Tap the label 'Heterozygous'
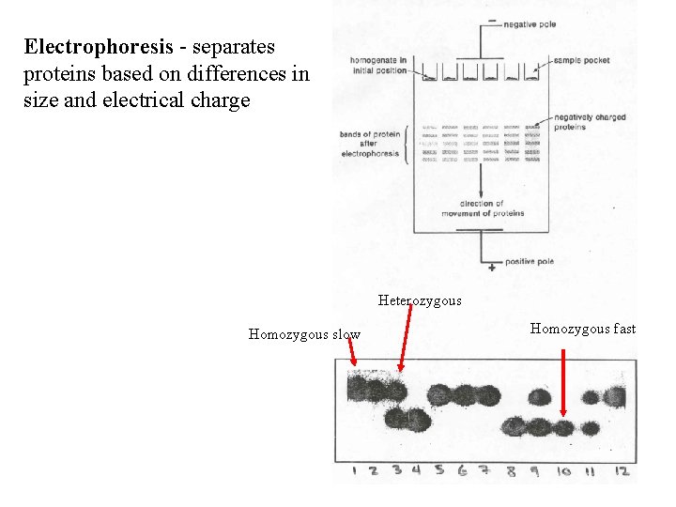point(420,300)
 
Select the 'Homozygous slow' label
point(303,334)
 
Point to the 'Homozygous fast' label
point(582,329)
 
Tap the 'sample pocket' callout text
point(580,60)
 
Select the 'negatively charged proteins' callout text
point(589,122)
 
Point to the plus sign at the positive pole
point(492,268)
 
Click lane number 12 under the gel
point(621,470)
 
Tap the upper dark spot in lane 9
point(539,396)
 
